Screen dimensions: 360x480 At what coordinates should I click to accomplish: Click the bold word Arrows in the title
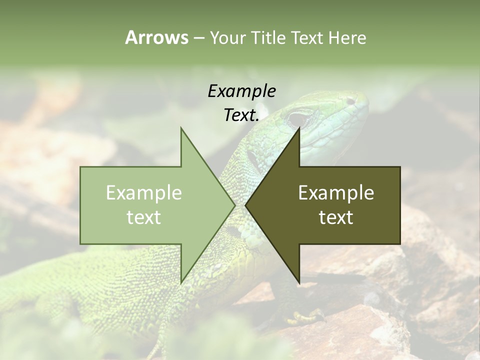[156, 37]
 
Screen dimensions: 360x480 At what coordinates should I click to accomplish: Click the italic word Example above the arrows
[241, 91]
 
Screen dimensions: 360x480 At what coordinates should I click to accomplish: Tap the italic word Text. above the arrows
[241, 115]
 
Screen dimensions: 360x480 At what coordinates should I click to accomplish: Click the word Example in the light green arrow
[144, 192]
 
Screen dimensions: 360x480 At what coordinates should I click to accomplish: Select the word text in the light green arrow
[144, 217]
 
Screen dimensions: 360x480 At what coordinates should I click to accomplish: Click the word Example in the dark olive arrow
[336, 192]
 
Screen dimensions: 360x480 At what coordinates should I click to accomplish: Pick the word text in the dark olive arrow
[336, 217]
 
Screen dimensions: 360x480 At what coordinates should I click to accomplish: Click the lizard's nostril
[351, 101]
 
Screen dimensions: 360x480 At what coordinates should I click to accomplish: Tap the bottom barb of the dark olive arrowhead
[299, 282]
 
